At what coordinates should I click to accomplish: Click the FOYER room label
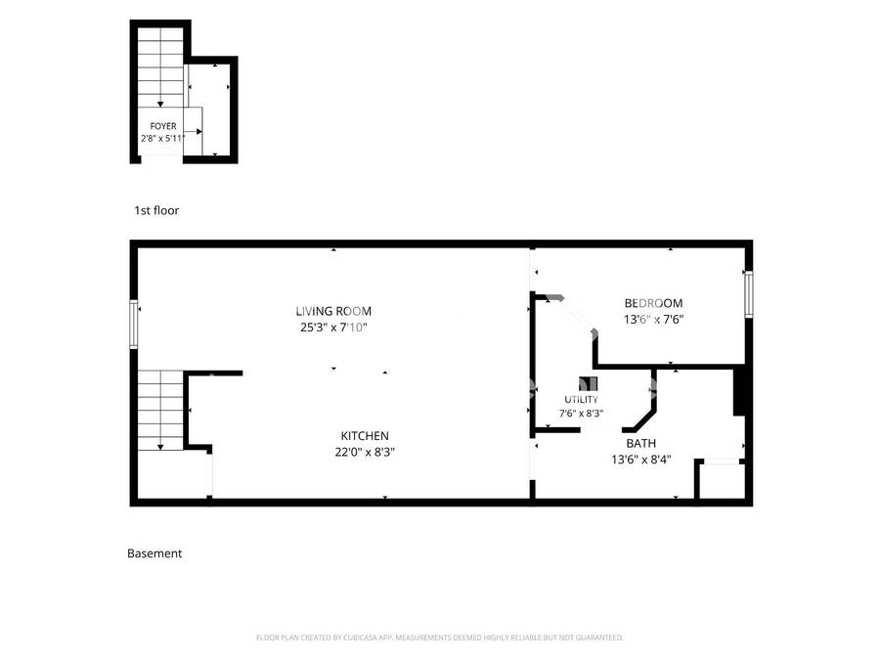[162, 126]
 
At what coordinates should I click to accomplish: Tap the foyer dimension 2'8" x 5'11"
[162, 138]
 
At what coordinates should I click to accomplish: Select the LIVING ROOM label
[333, 311]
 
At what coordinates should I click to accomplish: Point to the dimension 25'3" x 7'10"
[333, 328]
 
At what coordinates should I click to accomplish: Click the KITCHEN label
[365, 435]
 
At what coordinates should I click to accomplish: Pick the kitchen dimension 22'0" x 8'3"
[365, 452]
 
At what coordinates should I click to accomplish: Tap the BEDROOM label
[653, 303]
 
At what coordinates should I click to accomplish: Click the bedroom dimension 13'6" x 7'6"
[653, 320]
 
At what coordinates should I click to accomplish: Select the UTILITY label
[581, 400]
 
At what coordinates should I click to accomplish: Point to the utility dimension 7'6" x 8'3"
[581, 414]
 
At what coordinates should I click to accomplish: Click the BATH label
[640, 443]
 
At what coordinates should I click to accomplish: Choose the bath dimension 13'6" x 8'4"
[640, 460]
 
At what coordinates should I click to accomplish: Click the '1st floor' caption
[156, 210]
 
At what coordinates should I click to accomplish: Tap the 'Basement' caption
[154, 553]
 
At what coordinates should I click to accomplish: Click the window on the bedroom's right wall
[748, 294]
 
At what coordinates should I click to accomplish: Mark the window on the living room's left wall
[134, 325]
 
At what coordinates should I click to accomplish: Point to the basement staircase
[160, 410]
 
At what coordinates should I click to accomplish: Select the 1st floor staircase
[160, 67]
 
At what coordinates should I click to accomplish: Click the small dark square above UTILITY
[589, 383]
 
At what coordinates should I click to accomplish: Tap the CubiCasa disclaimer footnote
[439, 638]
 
